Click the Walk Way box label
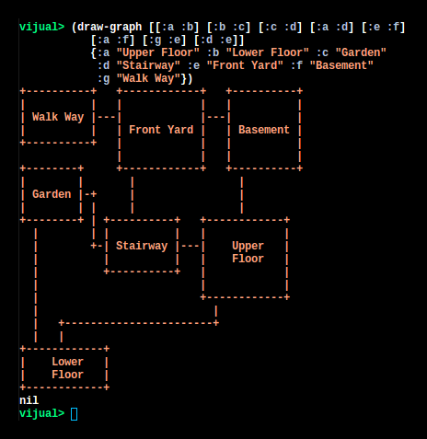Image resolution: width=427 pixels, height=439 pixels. pos(58,117)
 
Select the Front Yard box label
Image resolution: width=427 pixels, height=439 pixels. pos(161,130)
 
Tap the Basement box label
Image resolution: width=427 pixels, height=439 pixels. pos(264,130)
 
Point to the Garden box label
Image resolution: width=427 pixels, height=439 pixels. pos(52,194)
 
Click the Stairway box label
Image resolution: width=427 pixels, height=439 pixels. pos(142,246)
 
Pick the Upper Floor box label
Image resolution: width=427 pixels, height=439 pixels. pos(248,252)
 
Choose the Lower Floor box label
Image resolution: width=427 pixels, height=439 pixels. pos(67,368)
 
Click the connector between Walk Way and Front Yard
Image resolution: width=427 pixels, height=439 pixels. pos(106,117)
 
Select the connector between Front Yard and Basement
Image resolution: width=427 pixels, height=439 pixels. pos(215,117)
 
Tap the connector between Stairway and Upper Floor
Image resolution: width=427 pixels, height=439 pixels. pos(190,246)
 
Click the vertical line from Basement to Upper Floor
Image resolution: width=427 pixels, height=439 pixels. pos(242,195)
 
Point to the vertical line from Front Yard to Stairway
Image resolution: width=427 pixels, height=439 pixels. pos(133,195)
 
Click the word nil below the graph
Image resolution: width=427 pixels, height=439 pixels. pos(29,400)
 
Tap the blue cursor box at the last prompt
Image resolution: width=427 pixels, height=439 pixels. pos(74,414)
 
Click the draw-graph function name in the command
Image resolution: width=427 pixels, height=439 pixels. pos(110,27)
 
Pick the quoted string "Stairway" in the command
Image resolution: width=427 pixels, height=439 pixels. pos(148,65)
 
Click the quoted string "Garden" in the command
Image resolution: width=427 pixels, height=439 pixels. pos(361,52)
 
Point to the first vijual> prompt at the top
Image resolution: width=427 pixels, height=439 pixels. pos(42,27)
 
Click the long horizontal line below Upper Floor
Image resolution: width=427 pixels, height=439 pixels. pos(139,323)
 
